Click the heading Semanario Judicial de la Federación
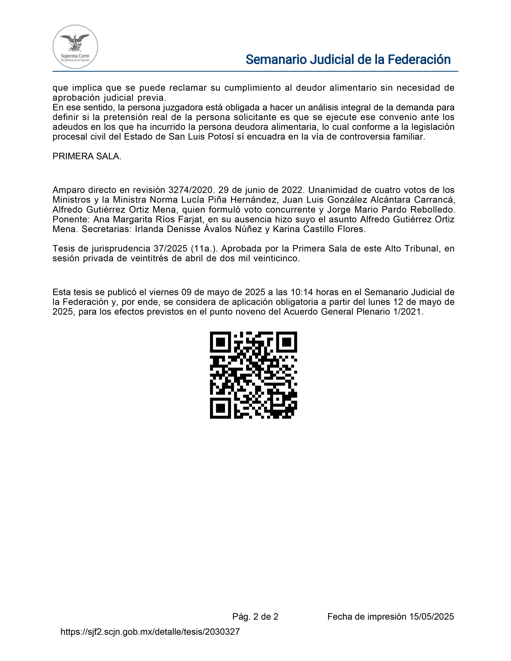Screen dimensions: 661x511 click(348, 60)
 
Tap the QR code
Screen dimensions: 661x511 click(253, 375)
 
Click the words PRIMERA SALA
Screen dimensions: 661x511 click(87, 156)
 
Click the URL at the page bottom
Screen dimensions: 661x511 click(150, 632)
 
